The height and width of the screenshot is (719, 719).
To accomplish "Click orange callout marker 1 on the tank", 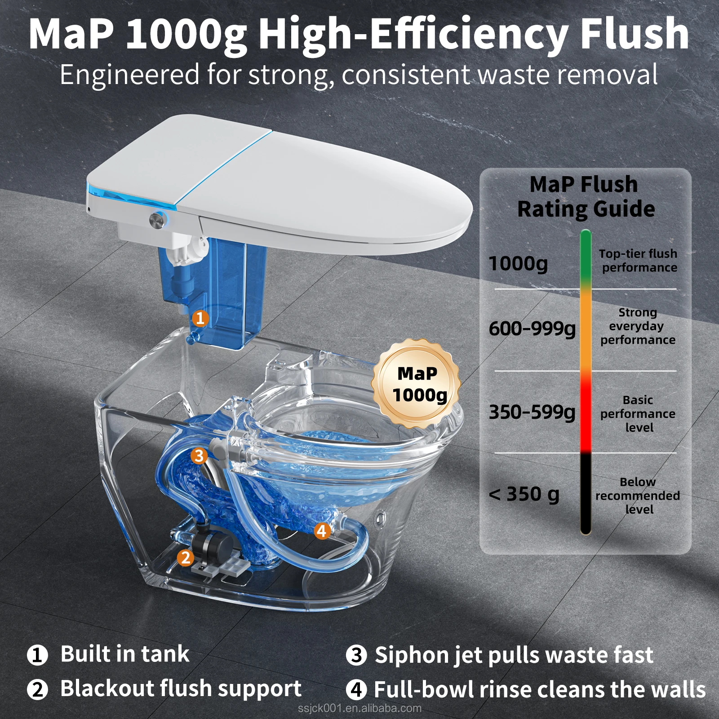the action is (200, 319).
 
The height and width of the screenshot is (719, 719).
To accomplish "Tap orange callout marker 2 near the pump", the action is (185, 558).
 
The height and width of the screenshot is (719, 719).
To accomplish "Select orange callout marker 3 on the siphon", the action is (199, 456).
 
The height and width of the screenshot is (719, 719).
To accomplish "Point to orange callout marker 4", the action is (322, 531).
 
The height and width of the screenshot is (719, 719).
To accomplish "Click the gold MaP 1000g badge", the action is (417, 383).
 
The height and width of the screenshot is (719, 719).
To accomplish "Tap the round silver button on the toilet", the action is (157, 220).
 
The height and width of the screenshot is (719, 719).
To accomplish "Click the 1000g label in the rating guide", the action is (518, 264).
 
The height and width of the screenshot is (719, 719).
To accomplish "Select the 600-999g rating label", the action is (532, 329).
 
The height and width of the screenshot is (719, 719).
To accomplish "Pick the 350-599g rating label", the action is (532, 412).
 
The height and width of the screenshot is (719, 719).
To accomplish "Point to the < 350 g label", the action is (524, 494).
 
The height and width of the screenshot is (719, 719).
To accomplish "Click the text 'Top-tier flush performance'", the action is (639, 261).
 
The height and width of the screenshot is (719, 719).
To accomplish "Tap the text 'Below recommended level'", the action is (638, 496).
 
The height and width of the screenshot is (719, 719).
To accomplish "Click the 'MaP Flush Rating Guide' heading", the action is (586, 197).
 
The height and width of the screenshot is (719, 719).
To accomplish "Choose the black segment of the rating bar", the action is (586, 493).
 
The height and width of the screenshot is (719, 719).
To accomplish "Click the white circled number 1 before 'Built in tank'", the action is (37, 655).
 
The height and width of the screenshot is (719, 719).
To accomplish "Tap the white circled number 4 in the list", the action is (356, 689).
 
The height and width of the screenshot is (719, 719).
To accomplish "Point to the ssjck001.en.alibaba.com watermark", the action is (359, 709).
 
